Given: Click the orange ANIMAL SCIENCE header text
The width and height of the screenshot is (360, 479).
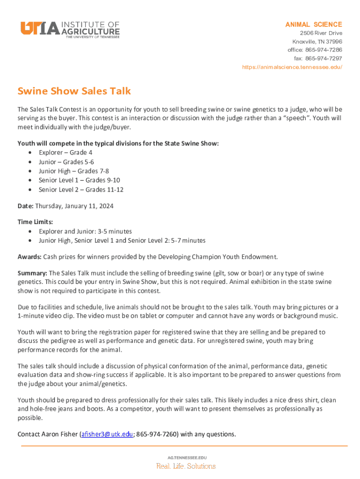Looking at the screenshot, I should coord(314,24).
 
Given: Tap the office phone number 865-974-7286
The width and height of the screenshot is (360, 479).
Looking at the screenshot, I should coord(324,50).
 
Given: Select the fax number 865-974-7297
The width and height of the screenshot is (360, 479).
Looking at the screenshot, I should coord(324,58).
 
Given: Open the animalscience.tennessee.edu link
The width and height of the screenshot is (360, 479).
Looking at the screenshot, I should coord(292,67).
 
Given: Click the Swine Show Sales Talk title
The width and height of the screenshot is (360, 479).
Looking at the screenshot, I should coord(74,91).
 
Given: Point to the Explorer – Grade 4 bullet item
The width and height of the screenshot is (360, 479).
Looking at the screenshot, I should coord(65,152).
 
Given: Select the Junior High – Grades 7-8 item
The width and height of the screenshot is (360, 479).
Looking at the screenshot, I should coord(73,171).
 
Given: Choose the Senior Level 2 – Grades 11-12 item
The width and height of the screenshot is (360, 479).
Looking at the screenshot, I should coord(81,189).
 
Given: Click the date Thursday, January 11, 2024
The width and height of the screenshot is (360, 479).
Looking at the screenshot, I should coord(74,206).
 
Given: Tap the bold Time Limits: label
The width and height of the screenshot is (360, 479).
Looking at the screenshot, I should coord(35,222).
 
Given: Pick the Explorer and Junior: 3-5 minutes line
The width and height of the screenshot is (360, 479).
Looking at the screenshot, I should coord(85,231).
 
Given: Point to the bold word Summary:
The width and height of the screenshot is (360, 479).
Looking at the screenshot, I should coord(32,273).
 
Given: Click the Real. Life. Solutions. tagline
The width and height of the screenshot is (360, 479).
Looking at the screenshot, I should coord(186,466).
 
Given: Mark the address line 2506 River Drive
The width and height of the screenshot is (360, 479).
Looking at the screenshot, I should coord(321,33).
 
